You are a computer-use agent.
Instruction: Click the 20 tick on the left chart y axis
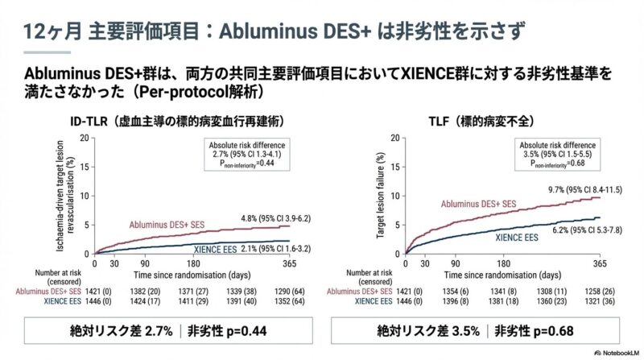pos(85,138)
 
